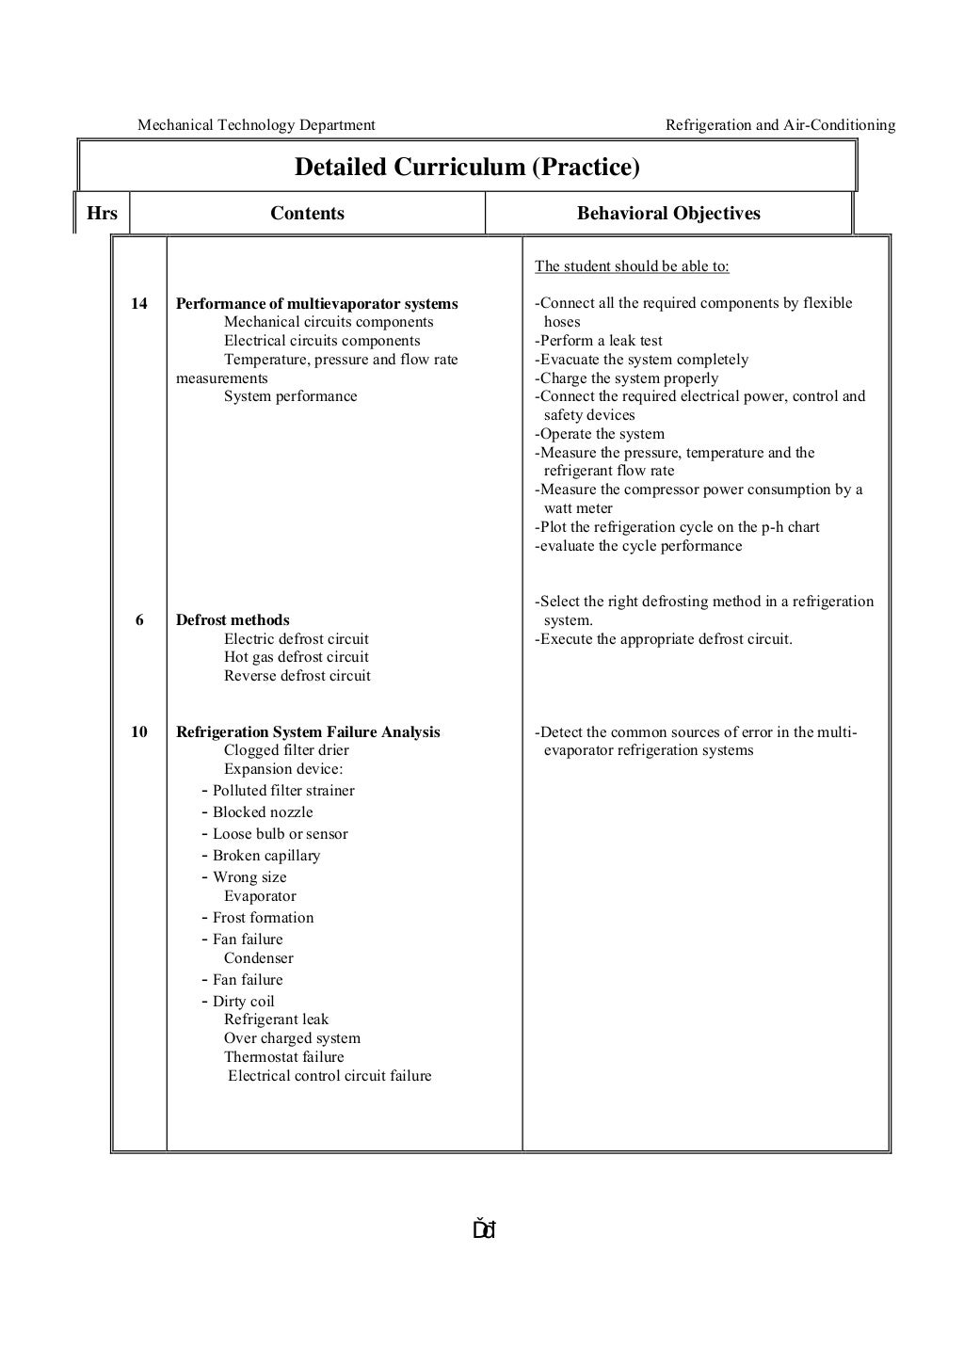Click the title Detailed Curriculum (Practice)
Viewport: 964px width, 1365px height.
[467, 168]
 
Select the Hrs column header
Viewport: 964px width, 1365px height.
[102, 214]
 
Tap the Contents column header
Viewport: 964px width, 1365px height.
[307, 214]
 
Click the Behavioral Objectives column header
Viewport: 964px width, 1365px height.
[668, 214]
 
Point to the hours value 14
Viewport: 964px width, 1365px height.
[139, 304]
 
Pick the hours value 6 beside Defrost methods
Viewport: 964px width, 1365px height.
[139, 620]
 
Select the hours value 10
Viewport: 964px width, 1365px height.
[139, 732]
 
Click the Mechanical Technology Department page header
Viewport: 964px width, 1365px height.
[256, 125]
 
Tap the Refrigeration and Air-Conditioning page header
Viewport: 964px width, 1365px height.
[780, 125]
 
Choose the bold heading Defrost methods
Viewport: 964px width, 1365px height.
[233, 620]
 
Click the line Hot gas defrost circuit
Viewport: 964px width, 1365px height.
[296, 657]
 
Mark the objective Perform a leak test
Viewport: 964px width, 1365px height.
[601, 341]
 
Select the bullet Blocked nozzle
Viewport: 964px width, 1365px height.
[262, 812]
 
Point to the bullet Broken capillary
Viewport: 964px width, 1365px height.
[265, 856]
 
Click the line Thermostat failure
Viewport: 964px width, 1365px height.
[283, 1057]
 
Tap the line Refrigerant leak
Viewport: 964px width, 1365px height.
[276, 1020]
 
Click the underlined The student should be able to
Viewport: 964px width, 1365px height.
[632, 266]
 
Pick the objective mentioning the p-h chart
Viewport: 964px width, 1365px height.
[679, 527]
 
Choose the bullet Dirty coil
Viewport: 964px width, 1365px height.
[243, 1002]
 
